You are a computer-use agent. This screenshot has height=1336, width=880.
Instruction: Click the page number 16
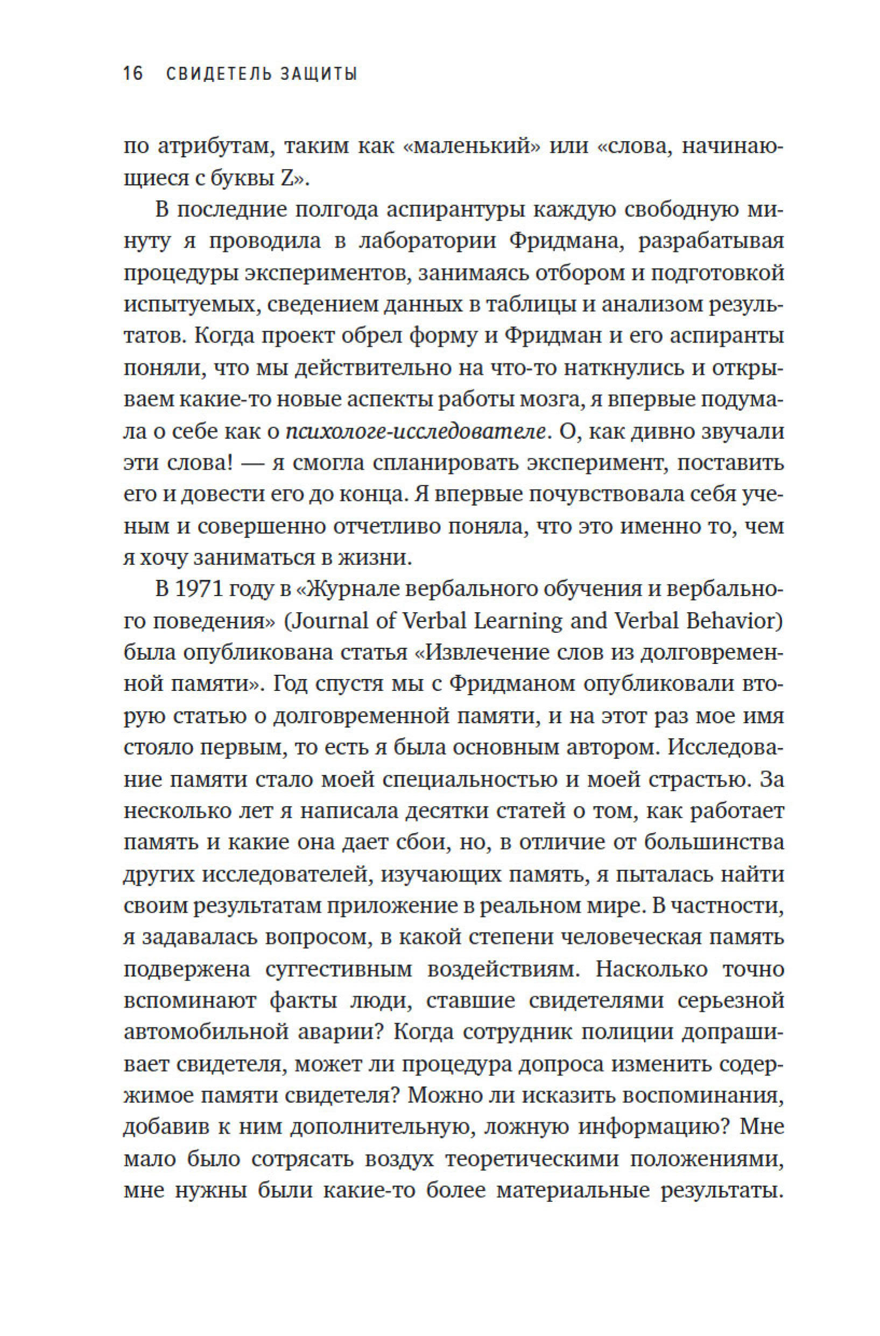[x=134, y=74]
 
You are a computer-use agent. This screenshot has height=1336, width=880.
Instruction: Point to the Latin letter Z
[x=285, y=178]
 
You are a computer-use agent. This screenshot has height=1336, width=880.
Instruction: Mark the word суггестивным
[x=339, y=969]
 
